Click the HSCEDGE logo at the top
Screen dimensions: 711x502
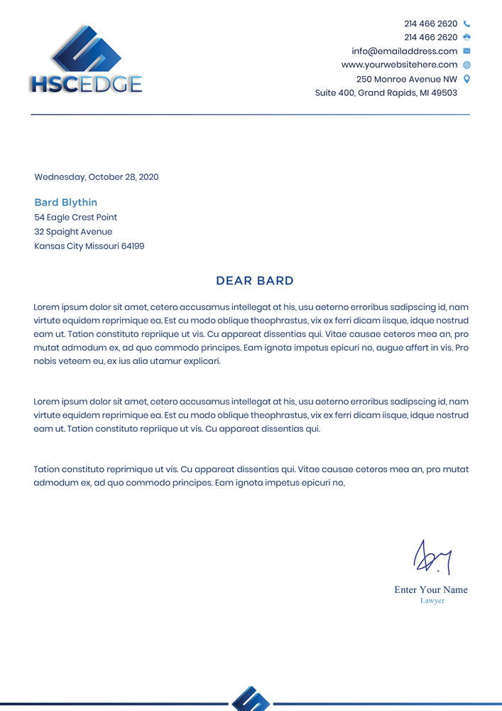[86, 61]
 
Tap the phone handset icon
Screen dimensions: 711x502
[466, 23]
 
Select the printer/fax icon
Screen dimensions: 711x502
[466, 37]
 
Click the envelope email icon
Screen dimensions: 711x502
[466, 51]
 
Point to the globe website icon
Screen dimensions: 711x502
[466, 65]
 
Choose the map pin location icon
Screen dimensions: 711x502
[466, 79]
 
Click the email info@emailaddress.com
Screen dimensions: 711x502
[404, 51]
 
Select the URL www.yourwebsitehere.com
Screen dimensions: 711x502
[399, 65]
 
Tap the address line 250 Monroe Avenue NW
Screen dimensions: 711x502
[406, 79]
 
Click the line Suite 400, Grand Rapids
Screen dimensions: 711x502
[386, 93]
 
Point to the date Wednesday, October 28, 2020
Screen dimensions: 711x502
[97, 177]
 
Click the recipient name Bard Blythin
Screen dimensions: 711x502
[66, 203]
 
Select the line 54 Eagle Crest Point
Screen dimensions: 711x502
[76, 218]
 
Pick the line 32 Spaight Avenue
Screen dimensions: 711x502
[73, 232]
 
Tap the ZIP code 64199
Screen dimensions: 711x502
[133, 247]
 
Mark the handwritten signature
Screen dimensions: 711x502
[433, 557]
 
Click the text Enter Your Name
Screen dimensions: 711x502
[431, 589]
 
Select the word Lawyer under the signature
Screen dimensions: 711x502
[432, 601]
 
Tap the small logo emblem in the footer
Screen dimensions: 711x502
[251, 699]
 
